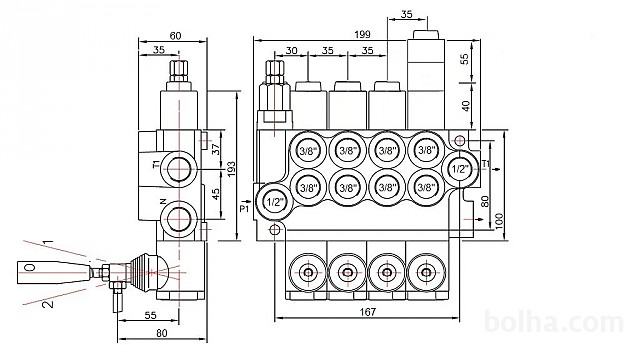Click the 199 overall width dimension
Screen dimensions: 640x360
(x=362, y=34)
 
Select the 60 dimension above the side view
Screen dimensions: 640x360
(x=175, y=36)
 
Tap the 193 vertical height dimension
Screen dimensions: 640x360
(x=231, y=169)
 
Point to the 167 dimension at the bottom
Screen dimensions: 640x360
(x=367, y=312)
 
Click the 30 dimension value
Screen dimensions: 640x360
(x=291, y=51)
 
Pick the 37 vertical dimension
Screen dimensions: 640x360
(x=216, y=149)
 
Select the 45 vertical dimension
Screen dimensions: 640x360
(x=216, y=193)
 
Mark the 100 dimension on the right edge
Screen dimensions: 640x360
(x=499, y=221)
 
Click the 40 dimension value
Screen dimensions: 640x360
(x=466, y=105)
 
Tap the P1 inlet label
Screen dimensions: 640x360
(x=244, y=209)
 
